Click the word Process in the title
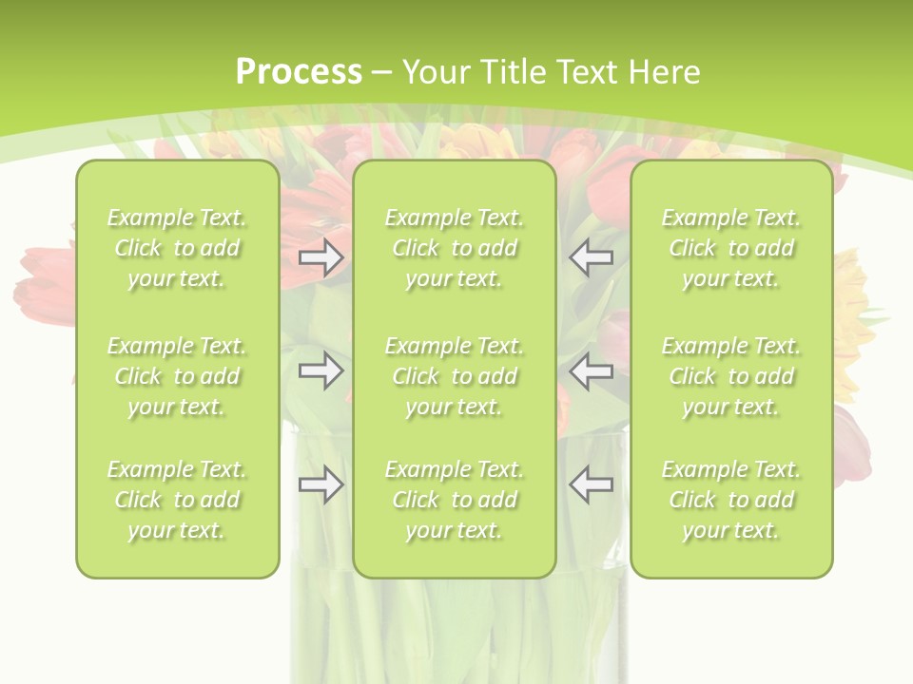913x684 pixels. [x=299, y=72]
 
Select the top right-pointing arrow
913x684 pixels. [x=321, y=257]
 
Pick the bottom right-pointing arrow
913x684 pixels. [x=321, y=484]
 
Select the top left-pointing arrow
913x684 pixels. [x=591, y=257]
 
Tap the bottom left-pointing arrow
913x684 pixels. [x=591, y=484]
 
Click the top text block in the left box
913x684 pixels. [x=177, y=248]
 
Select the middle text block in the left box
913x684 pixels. [x=177, y=376]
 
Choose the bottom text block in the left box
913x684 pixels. [x=177, y=500]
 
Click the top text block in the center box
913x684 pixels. [x=455, y=248]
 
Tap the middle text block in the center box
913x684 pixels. [x=455, y=376]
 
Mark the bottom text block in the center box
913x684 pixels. [x=455, y=500]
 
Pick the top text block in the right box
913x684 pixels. [x=731, y=248]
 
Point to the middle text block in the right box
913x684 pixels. [x=731, y=376]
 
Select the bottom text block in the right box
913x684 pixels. [x=731, y=500]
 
